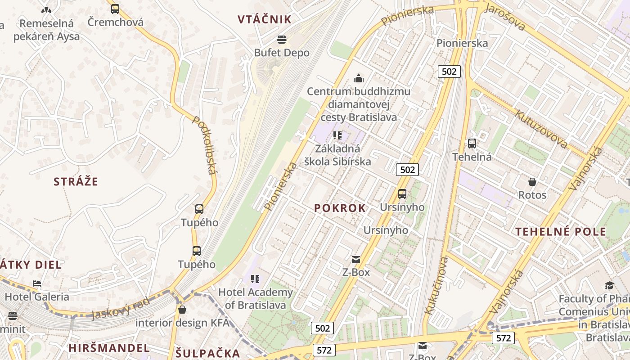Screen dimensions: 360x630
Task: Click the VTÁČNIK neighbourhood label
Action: coord(265,19)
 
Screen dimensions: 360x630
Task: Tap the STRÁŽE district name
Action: coord(76,182)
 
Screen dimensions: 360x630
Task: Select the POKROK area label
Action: coord(340,208)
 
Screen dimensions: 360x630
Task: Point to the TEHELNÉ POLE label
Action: coord(561,232)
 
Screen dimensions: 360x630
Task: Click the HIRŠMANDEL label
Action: coord(109,348)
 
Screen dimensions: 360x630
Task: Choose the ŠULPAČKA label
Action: coord(207,353)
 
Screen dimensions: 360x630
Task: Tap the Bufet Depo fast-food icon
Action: coord(282,40)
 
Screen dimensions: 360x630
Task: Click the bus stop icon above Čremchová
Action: coord(115,9)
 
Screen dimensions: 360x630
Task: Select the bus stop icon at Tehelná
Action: coord(472,144)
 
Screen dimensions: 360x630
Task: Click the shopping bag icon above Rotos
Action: coord(532,182)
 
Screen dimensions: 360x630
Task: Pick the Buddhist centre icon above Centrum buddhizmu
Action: coord(359,78)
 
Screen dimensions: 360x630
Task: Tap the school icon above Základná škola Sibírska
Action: coord(337,135)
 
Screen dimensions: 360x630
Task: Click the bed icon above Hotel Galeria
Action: coord(37,283)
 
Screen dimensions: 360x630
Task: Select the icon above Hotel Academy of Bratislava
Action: coord(255,279)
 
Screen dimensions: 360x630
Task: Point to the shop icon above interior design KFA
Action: coord(182,310)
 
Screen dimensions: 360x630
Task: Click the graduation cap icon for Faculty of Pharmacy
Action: coord(609,285)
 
